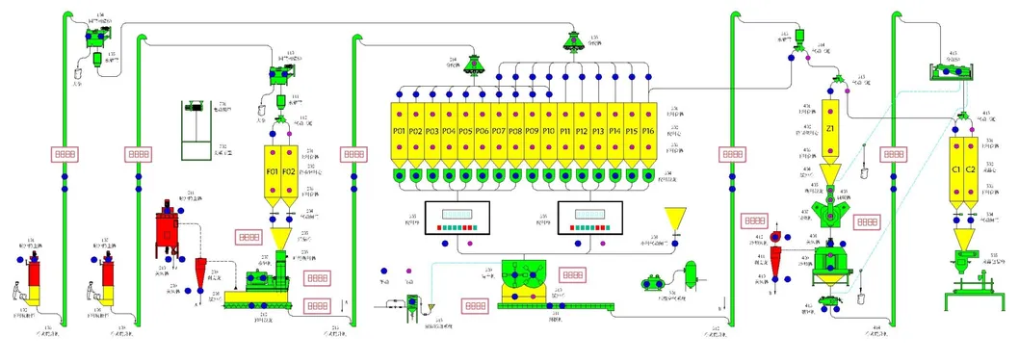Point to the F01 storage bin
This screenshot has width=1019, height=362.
(x=273, y=171)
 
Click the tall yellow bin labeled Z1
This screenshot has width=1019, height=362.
(x=831, y=129)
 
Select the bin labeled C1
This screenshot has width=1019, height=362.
(x=956, y=169)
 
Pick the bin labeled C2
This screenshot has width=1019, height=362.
(x=971, y=169)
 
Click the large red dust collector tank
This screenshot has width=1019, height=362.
(x=170, y=231)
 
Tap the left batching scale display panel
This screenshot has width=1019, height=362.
(x=457, y=220)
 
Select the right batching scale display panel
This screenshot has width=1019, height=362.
(x=590, y=220)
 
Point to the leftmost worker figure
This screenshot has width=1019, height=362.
(x=19, y=290)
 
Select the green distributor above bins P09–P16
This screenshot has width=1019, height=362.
(x=570, y=40)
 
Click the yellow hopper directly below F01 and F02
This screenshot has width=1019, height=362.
(x=281, y=238)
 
